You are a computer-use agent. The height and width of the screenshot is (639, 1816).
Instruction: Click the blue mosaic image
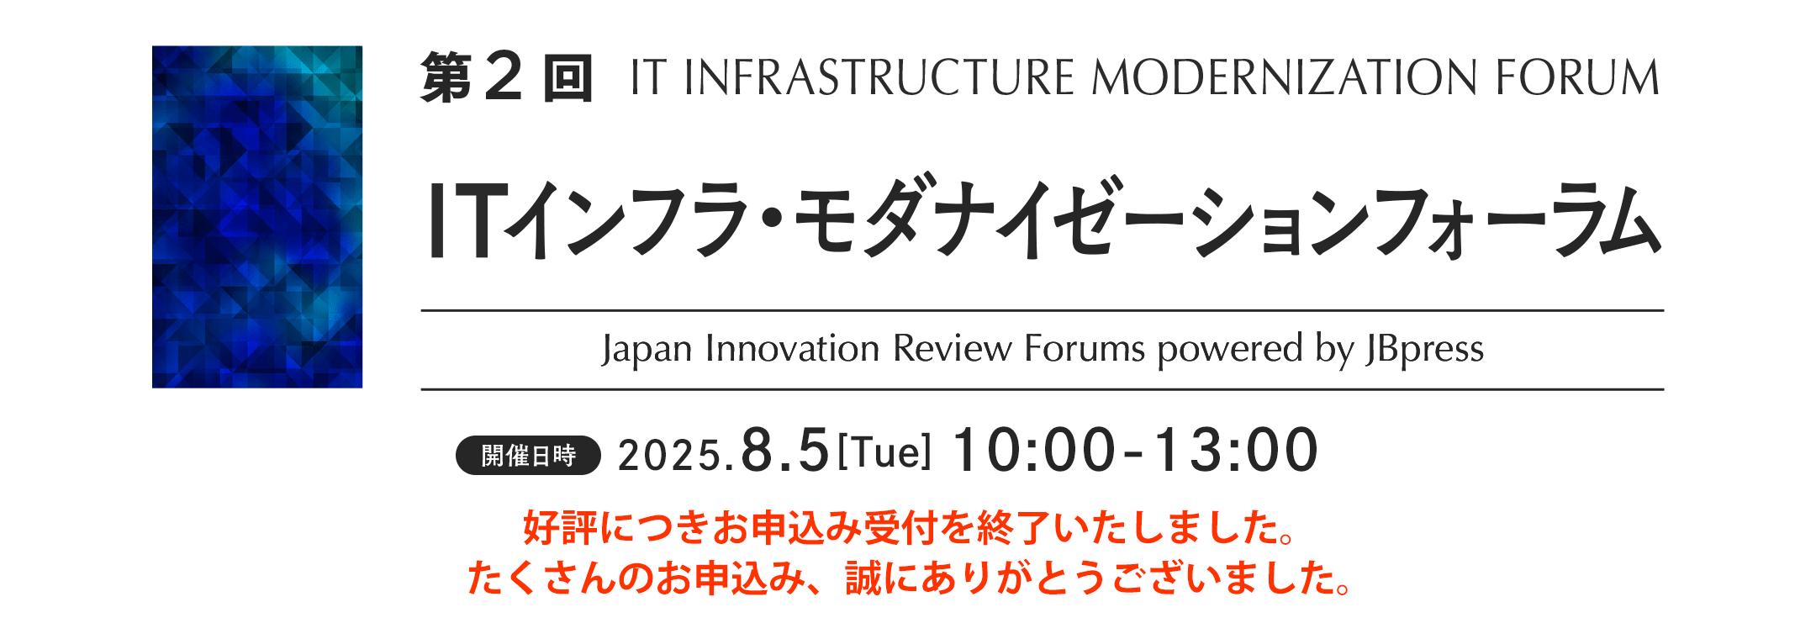pos(257,217)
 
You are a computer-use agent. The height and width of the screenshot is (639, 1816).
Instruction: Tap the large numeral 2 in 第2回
pos(504,77)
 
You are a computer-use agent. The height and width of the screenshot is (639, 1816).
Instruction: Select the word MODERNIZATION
pos(1285,77)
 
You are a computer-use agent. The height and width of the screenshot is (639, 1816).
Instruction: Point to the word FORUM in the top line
pos(1577,77)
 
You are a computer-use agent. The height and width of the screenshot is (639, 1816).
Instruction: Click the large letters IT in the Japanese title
pos(469,220)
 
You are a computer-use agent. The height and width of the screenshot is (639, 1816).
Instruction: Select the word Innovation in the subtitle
pos(792,348)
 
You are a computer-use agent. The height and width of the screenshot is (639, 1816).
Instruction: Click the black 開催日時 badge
pos(528,456)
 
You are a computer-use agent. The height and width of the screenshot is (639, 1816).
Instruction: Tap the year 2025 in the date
pos(669,456)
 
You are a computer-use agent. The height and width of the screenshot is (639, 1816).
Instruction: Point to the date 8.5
pos(785,451)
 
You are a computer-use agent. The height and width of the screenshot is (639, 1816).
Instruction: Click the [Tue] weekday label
pos(885,452)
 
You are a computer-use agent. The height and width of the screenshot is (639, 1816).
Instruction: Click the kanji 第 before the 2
pos(446,77)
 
